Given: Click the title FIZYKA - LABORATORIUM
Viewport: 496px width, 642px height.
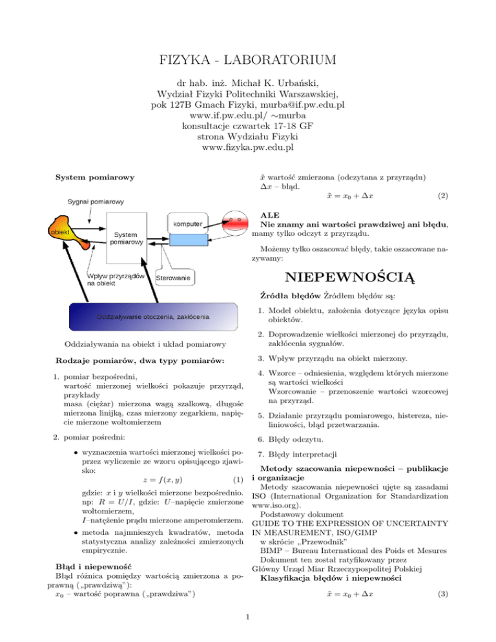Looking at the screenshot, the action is coord(247,60).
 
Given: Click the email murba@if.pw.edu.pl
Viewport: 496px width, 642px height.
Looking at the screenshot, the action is coord(302,105).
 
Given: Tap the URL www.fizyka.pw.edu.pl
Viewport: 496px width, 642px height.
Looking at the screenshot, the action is coord(247,147).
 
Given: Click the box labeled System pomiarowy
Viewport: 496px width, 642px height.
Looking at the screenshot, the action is coord(127,238).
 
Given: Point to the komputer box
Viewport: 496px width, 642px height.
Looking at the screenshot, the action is coord(187,223).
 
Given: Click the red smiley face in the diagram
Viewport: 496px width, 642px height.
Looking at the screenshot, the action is coord(235,223).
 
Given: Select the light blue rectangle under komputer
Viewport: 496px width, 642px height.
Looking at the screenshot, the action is coord(189,240).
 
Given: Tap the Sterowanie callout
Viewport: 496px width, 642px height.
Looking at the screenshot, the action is coord(173,278).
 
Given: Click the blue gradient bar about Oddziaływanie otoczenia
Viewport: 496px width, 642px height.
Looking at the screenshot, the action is coord(153,316).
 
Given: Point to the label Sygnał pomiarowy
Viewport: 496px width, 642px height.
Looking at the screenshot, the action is coord(96,202).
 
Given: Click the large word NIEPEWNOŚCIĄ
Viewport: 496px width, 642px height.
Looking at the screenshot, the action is coord(350,277).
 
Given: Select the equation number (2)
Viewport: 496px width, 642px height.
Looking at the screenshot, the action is coord(443,196).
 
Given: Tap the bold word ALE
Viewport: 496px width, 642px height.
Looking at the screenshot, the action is coord(270,215).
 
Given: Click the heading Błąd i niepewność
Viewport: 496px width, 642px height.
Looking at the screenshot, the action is coord(94,566).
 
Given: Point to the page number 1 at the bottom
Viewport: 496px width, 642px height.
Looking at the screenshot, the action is coord(247,617).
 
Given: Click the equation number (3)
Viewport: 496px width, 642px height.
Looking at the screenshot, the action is coord(443,594).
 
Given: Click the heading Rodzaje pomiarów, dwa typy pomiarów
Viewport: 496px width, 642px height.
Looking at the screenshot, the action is coord(140,361).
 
